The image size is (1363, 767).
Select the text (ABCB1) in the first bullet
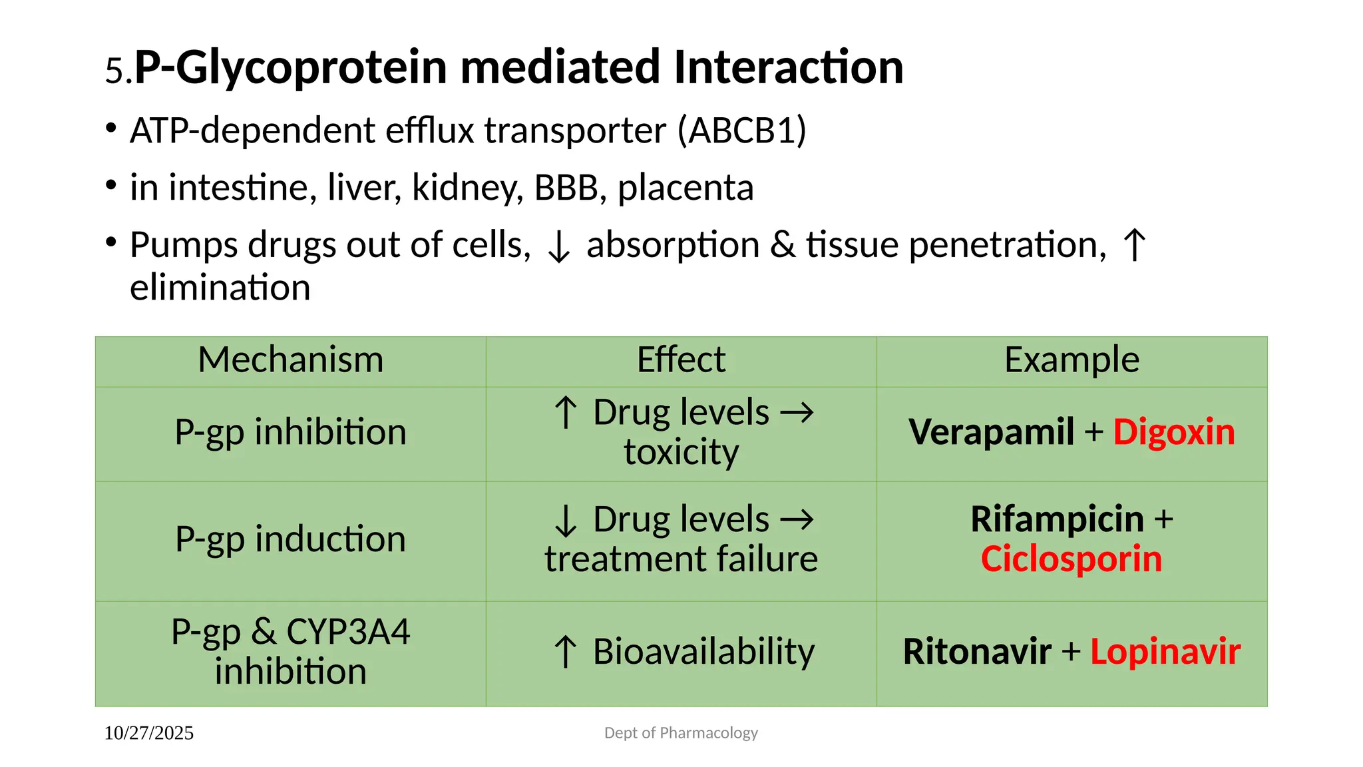[x=741, y=130]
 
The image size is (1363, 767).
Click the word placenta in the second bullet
[x=685, y=188]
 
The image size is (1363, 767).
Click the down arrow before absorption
[x=558, y=247]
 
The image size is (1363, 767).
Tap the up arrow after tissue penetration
[x=1134, y=245]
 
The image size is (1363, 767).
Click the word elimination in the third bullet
[x=220, y=288]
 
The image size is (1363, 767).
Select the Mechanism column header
[x=291, y=360]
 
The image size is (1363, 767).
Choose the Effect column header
[x=681, y=360]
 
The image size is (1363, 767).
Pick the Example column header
[x=1071, y=360]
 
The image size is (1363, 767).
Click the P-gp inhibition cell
[x=291, y=432]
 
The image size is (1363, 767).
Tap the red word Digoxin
[x=1174, y=432]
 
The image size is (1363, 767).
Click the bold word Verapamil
[x=991, y=432]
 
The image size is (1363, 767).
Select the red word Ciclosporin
[x=1071, y=559]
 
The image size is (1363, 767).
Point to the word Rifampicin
[x=1057, y=519]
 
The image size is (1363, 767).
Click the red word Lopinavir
[x=1165, y=652]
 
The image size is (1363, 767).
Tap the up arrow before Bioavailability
[x=565, y=652]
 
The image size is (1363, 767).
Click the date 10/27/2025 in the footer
[x=149, y=733]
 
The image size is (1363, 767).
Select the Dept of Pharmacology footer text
[x=681, y=733]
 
